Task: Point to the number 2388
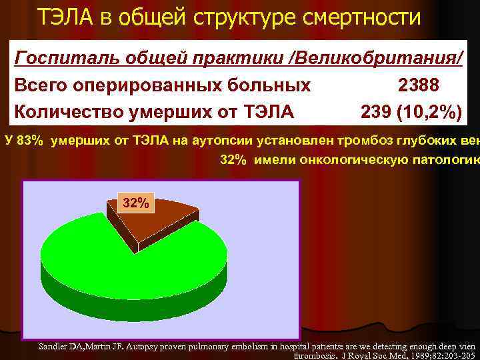[419, 85]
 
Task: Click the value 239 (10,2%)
[411, 112]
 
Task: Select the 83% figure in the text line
[31, 140]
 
